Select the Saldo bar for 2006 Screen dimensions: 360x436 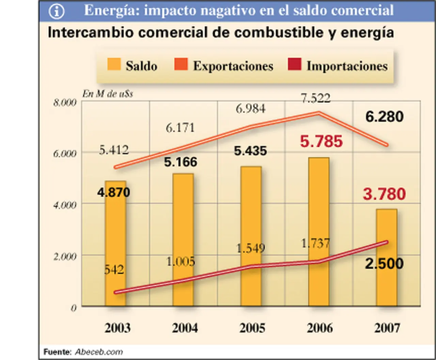coord(319,232)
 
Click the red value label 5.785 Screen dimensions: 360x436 coord(321,141)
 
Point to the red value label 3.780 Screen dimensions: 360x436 coord(384,194)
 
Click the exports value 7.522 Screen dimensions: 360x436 coord(315,98)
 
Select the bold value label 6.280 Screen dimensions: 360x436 coord(384,117)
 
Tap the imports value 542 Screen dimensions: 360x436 coord(114,270)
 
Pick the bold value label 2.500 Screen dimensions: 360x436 coord(384,264)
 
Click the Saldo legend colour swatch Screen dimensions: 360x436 coord(114,65)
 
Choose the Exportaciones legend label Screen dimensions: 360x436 coord(233,66)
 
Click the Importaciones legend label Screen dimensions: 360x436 coord(347,66)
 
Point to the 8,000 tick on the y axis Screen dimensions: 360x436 coord(65,103)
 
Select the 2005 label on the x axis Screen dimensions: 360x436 coord(252,328)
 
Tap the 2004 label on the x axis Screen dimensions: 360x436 coord(185,328)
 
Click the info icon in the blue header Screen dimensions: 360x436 coord(57,11)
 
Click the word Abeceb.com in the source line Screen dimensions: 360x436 coord(99,352)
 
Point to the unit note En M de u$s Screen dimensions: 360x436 coord(107,94)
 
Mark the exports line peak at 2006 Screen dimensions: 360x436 coord(318,113)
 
